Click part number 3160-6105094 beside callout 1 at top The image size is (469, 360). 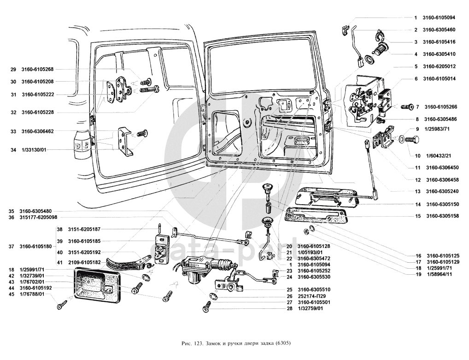439,18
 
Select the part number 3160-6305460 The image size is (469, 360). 439,30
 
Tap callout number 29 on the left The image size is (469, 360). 13,70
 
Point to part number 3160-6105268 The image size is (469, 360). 37,70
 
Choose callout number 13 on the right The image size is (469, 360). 417,191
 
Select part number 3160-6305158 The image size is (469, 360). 442,216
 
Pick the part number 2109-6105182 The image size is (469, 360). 84,262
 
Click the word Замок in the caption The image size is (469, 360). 216,343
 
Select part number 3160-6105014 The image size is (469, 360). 439,79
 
